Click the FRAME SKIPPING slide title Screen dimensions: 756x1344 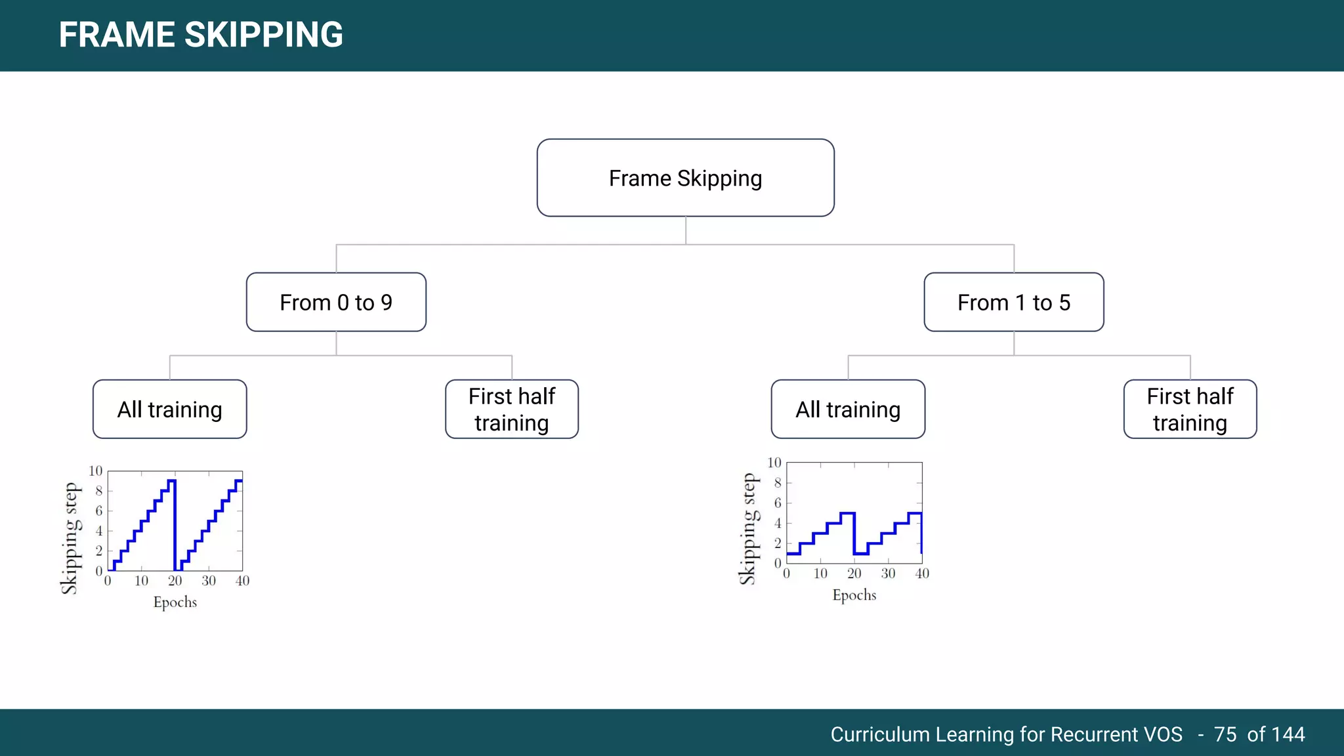201,35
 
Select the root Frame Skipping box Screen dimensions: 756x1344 685,178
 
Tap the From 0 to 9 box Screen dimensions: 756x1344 336,303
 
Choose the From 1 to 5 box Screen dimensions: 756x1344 1013,303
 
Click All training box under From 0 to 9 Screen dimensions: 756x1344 170,409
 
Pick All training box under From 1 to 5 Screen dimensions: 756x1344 848,409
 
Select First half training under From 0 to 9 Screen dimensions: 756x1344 512,409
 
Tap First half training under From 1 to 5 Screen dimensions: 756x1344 1190,409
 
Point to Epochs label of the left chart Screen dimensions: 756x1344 175,602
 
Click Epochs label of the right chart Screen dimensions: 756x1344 854,595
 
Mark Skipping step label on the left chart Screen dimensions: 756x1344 70,539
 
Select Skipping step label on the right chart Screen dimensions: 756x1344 748,529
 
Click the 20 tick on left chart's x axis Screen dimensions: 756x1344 175,581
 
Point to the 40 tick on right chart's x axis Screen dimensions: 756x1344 922,574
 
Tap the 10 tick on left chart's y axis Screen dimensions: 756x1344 95,471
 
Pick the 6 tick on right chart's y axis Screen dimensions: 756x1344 778,503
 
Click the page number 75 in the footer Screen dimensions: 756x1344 1225,734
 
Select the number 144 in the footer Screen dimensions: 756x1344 1288,734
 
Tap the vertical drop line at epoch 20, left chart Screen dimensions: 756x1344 175,525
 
